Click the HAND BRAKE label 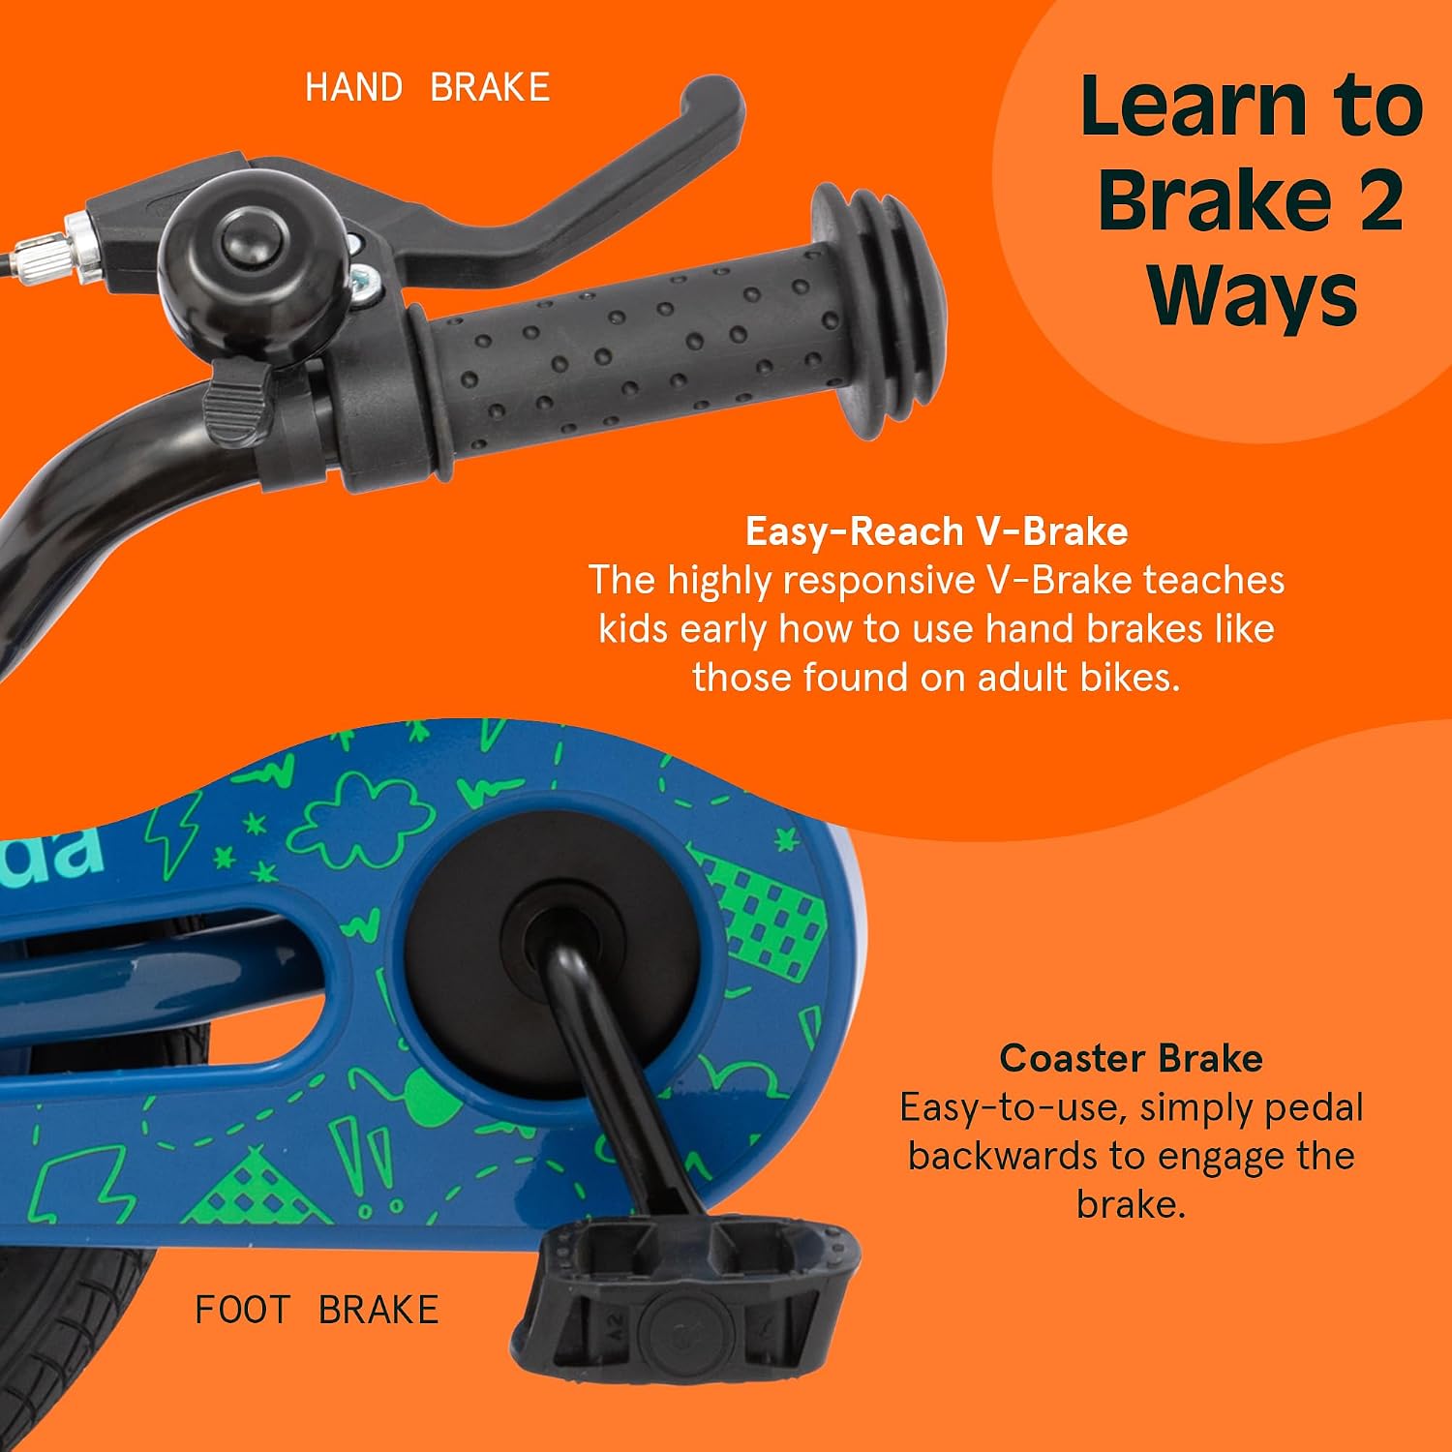tap(428, 87)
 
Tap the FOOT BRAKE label tap(317, 1310)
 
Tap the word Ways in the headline tap(1253, 294)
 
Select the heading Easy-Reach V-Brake tap(937, 531)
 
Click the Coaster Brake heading tap(1131, 1058)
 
